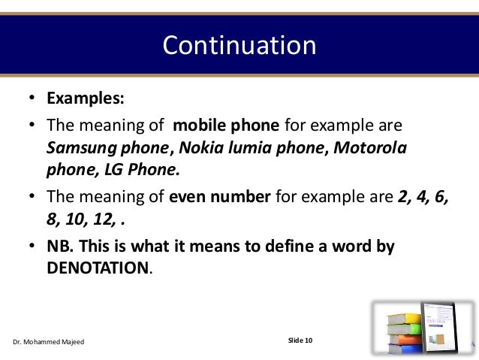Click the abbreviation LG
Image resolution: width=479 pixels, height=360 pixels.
[x=107, y=168]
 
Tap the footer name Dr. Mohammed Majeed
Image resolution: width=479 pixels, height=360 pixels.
[x=49, y=342]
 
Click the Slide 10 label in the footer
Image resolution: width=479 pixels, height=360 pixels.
[x=300, y=341]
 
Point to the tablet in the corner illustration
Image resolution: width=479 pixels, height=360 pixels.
[x=442, y=323]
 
